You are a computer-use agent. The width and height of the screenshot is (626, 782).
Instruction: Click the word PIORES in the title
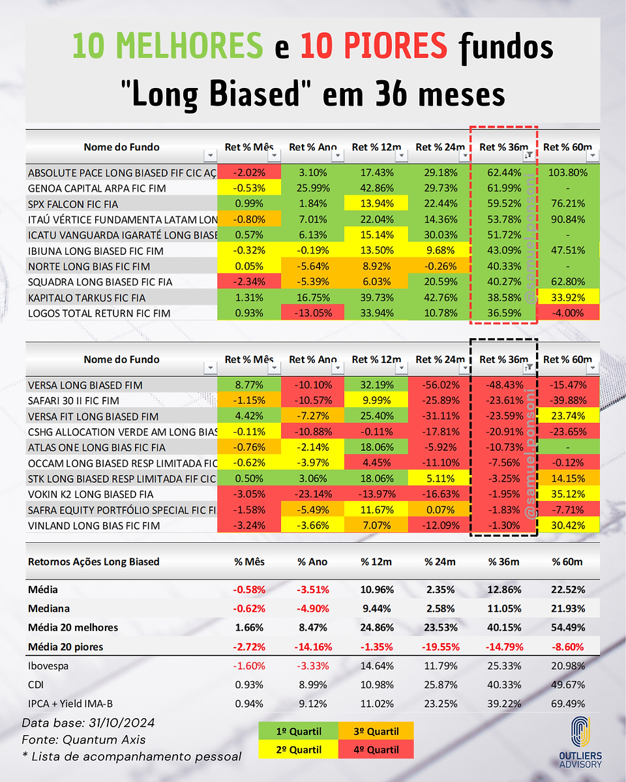[395, 46]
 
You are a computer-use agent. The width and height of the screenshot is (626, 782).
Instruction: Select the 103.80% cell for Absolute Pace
[568, 172]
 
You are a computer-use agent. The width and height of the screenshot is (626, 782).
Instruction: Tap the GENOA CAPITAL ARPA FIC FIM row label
[97, 188]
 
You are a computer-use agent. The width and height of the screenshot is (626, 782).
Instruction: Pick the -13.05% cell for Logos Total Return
[312, 313]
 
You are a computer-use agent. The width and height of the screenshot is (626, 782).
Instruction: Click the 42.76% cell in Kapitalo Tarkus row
[440, 297]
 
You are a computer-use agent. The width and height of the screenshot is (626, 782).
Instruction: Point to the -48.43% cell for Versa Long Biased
[504, 384]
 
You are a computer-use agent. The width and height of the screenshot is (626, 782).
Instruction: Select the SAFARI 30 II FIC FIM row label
[73, 400]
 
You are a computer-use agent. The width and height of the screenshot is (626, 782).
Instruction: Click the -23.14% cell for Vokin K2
[312, 494]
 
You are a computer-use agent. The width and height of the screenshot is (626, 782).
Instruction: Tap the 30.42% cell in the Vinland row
[568, 525]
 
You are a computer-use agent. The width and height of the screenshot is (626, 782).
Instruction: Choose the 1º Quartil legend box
[298, 731]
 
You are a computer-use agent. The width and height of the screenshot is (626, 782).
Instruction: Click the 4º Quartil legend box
[376, 749]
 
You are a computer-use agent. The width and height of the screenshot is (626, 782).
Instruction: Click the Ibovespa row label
[48, 666]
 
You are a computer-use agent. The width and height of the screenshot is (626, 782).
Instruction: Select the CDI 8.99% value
[312, 685]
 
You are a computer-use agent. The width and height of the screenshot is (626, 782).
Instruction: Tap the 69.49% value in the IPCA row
[568, 704]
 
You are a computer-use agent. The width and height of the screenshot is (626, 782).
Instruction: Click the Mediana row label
[49, 608]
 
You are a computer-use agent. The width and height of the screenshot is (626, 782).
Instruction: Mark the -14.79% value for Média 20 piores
[504, 647]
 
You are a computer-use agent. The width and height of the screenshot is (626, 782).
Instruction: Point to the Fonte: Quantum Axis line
[83, 740]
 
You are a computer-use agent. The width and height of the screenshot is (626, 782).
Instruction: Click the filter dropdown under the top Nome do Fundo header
[210, 156]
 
